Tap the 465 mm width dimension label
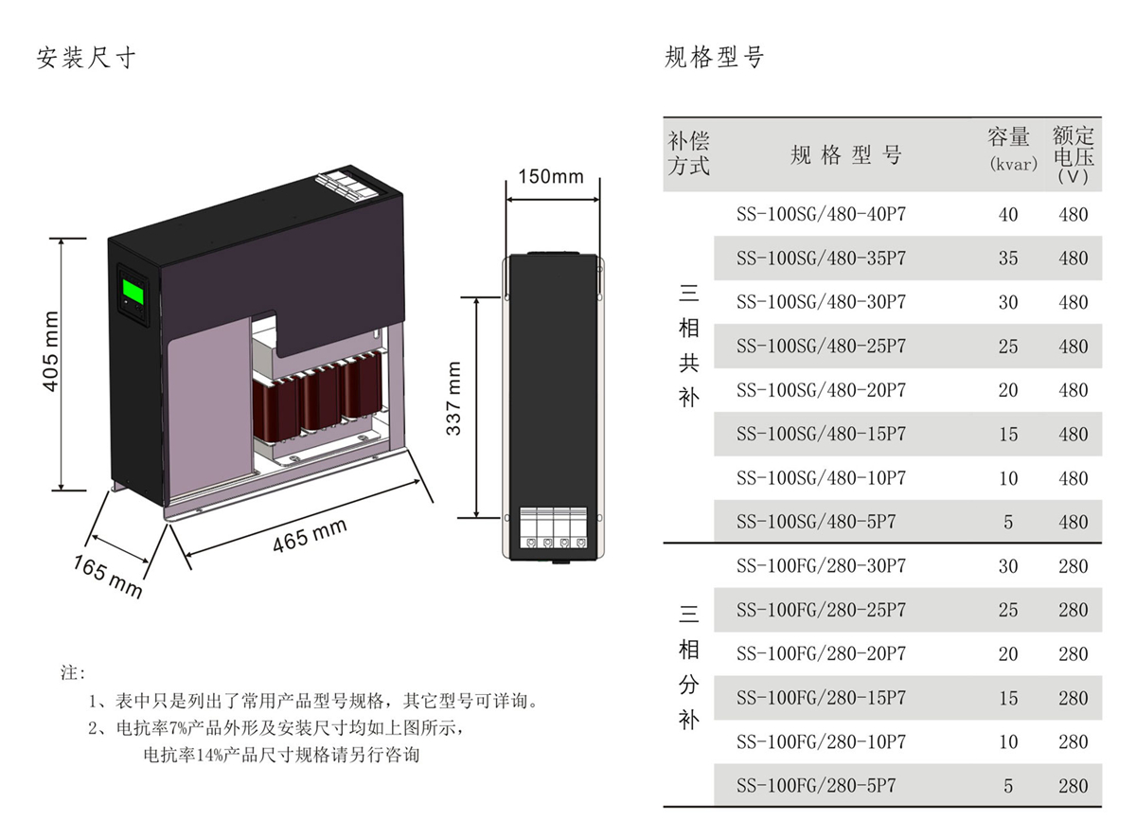point(311,535)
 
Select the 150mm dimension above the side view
point(551,177)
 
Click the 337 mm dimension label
point(455,399)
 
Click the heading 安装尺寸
point(86,58)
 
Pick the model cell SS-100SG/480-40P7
point(821,214)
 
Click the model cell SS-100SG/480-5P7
point(816,522)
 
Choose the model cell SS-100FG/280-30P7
point(821,566)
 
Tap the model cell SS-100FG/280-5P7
point(816,785)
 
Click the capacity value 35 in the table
point(1008,259)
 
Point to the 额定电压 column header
point(1073,153)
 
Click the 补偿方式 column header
point(688,153)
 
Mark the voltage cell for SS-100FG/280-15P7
point(1074,698)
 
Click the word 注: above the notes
point(73,673)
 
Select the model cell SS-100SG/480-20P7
point(821,390)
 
